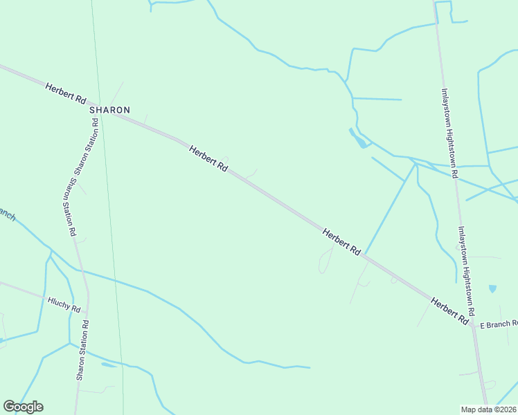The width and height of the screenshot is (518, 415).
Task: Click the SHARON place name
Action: [109, 110]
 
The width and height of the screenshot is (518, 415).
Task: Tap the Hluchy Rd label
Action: [64, 304]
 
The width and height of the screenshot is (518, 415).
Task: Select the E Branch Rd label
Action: [499, 324]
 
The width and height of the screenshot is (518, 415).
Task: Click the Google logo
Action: [23, 406]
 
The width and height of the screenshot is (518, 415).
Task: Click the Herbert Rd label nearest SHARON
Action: [66, 94]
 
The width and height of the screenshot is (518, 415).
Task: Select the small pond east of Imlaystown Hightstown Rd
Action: [492, 288]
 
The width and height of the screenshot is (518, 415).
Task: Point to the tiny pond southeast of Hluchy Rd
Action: [108, 365]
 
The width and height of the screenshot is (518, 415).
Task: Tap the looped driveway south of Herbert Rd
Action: [325, 261]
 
